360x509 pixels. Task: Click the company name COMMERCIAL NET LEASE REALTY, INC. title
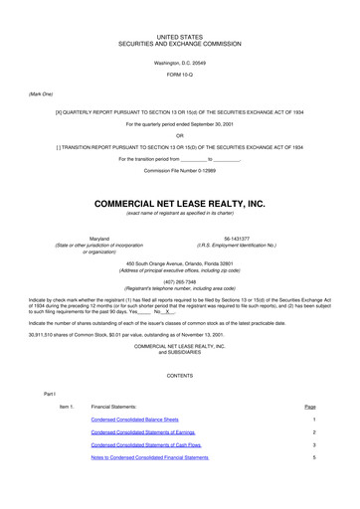click(179, 203)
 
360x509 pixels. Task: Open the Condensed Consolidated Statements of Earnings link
click(142, 433)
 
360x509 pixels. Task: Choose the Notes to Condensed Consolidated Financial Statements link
click(149, 458)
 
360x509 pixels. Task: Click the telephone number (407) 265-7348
click(179, 280)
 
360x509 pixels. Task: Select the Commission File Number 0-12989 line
click(179, 171)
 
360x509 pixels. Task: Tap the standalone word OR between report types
click(179, 135)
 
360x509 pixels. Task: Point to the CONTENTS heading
click(179, 375)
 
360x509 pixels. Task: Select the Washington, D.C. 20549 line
click(179, 63)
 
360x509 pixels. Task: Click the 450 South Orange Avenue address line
click(179, 260)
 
